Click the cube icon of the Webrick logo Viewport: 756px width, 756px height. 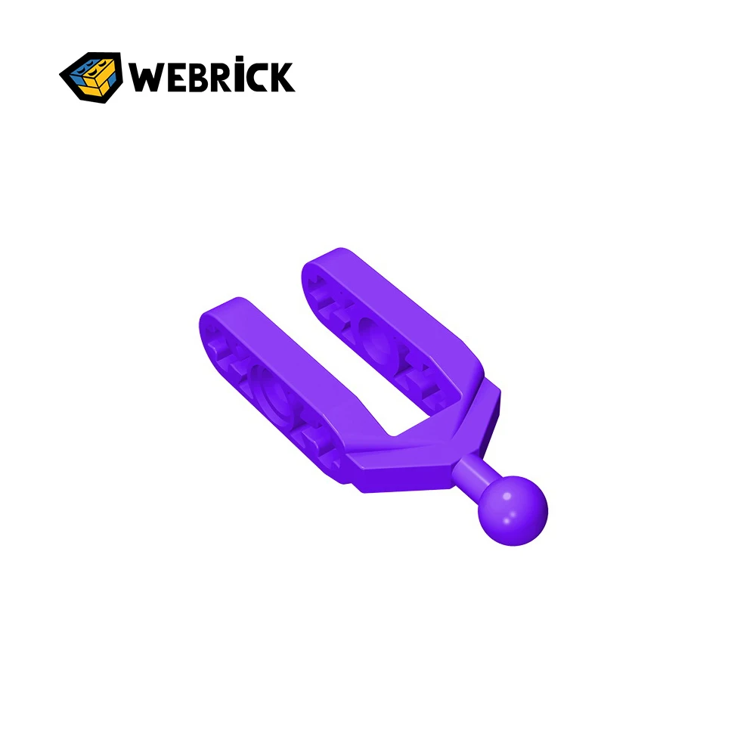91,76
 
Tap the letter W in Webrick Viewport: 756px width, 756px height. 145,77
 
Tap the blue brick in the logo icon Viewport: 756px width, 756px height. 82,70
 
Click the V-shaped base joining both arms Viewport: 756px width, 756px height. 423,454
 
